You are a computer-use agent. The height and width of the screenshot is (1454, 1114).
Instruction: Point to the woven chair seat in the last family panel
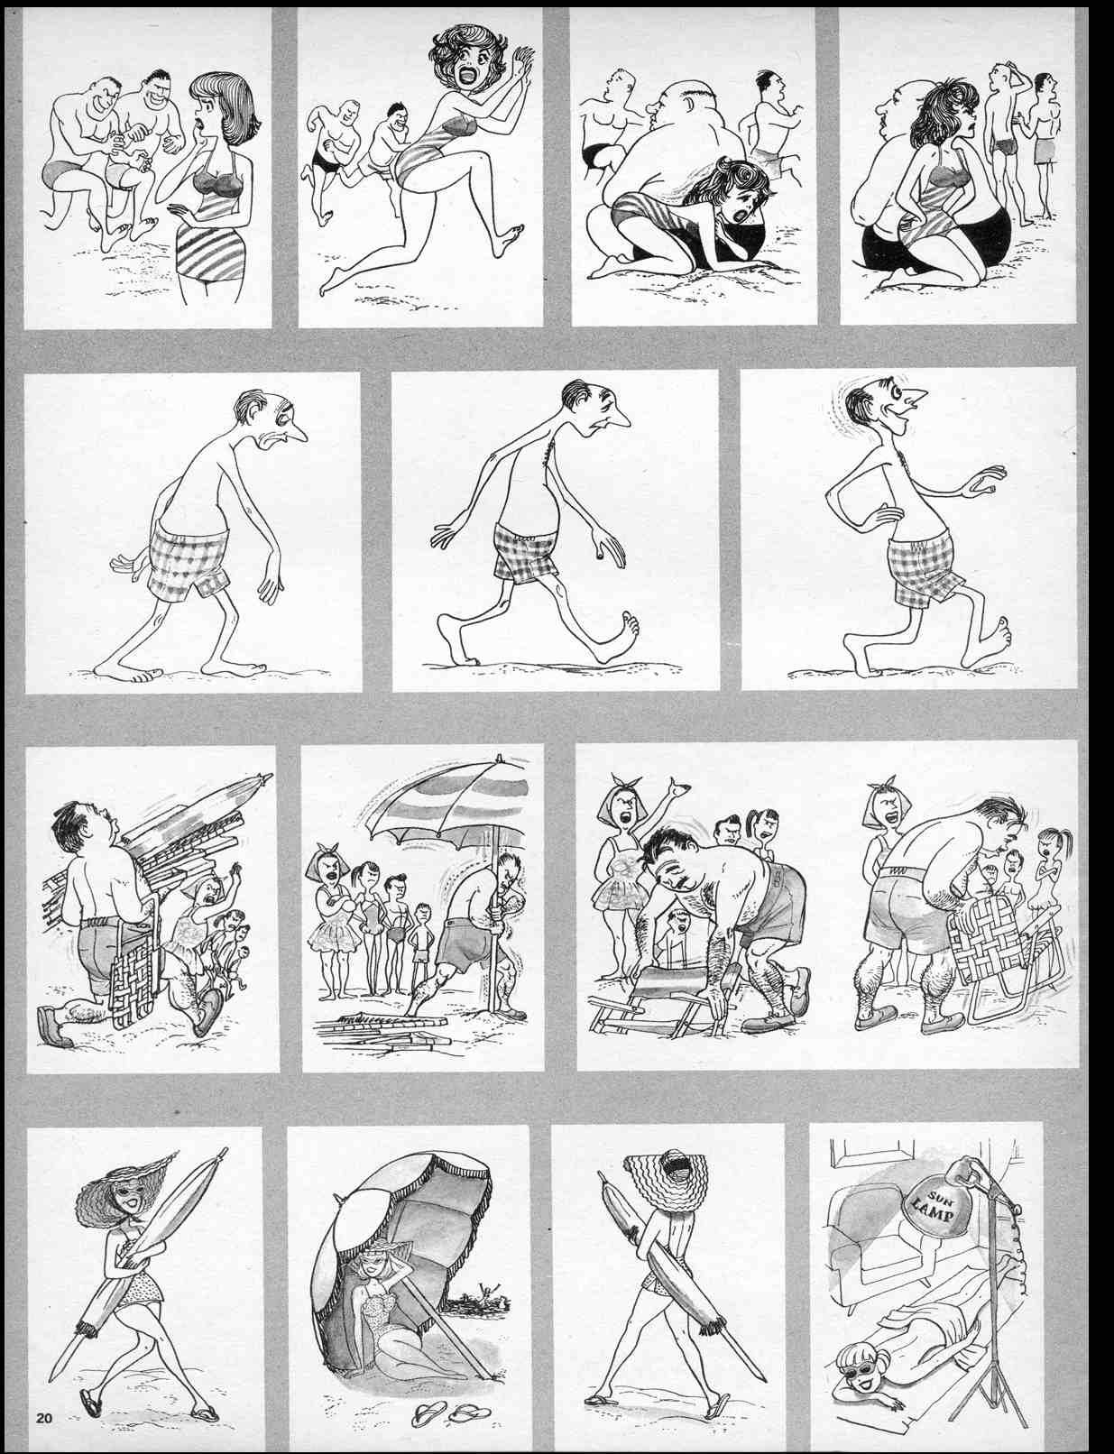coord(981,949)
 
